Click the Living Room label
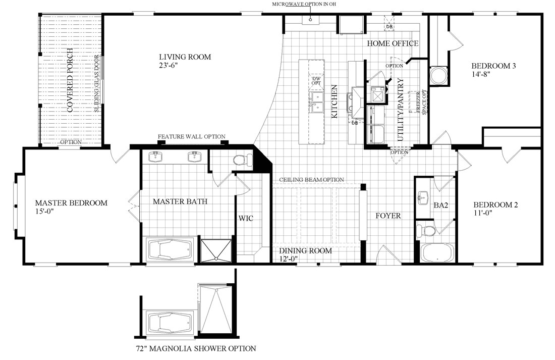(x=185, y=57)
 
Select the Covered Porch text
(x=71, y=81)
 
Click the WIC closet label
(x=246, y=219)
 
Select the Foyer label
(x=388, y=216)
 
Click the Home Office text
(x=393, y=43)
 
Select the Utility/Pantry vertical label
(x=401, y=110)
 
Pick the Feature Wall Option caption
(x=191, y=137)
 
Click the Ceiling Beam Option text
(x=312, y=180)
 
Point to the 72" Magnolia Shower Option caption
(x=196, y=348)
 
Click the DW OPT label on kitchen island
(x=316, y=81)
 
